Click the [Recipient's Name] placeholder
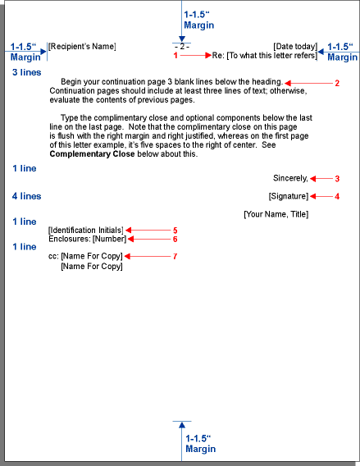coord(82,46)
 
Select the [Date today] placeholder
coord(294,46)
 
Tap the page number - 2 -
coord(182,46)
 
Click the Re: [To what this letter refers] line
coord(264,56)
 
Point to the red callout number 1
coord(175,56)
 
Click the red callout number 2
coord(337,84)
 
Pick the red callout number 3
coord(337,179)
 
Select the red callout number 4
coord(337,196)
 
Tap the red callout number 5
coord(175,230)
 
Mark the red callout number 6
coord(175,239)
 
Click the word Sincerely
coord(291,178)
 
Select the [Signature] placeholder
coord(288,196)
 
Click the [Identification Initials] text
coord(85,230)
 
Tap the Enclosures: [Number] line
coord(87,239)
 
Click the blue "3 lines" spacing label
coord(26,73)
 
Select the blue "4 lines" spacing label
coord(26,196)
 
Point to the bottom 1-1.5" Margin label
coord(200,444)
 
